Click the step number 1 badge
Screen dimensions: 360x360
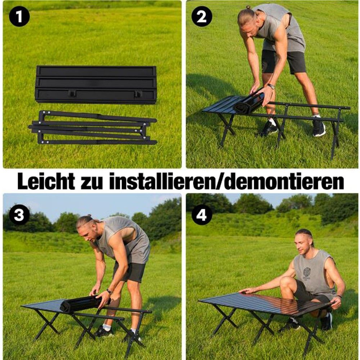click(19, 16)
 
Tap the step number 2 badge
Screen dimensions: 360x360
click(202, 16)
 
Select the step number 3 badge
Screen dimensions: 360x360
click(19, 215)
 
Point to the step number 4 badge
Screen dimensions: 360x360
click(202, 215)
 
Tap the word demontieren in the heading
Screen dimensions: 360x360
click(284, 181)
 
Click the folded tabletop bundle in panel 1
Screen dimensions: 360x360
click(96, 85)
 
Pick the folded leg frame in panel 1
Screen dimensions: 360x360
click(93, 127)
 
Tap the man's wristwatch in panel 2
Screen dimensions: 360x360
click(271, 86)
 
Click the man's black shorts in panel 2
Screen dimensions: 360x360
click(284, 62)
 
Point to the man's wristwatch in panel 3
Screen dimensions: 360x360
click(109, 292)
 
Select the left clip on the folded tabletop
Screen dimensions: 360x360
click(72, 94)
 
